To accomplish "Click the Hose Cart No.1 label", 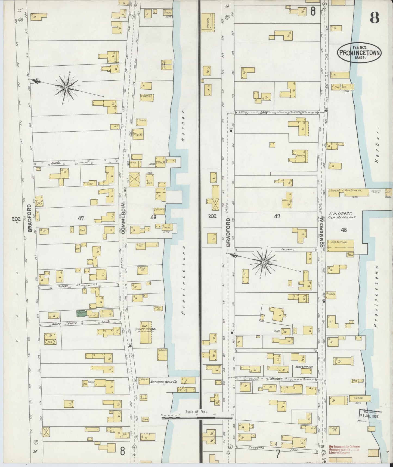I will (304, 367).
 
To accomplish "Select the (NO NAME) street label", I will (289, 249).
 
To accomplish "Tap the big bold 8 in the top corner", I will (375, 19).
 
